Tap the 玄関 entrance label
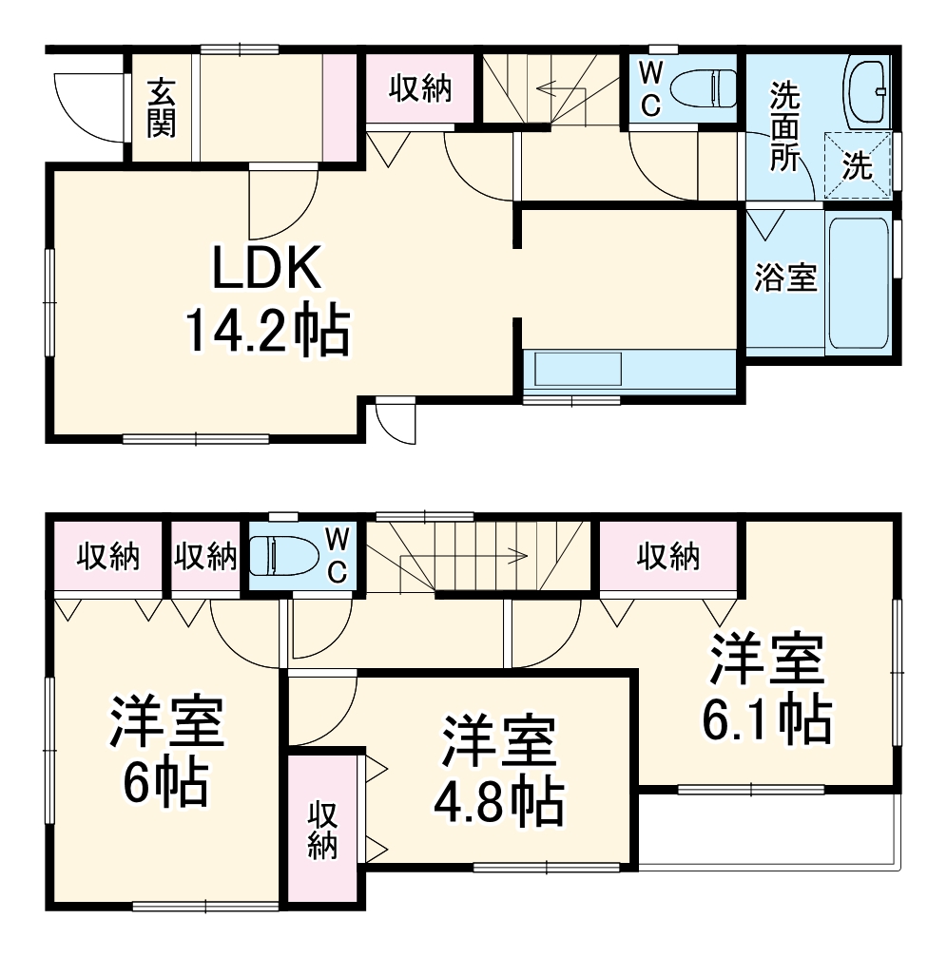(162, 106)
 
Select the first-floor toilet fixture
(704, 88)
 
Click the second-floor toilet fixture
(282, 555)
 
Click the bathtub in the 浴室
(860, 282)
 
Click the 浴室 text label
(785, 278)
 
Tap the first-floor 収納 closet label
(418, 89)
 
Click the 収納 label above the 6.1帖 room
(668, 556)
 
